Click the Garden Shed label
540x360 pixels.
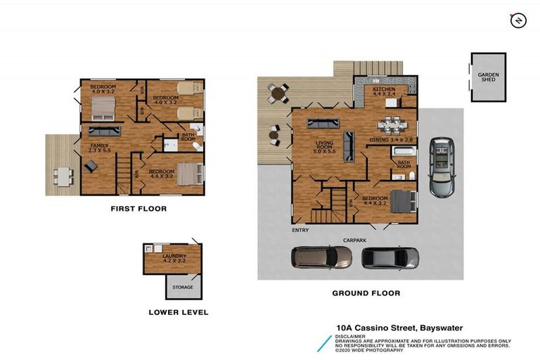pyautogui.click(x=488, y=77)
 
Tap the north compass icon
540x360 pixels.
pyautogui.click(x=517, y=20)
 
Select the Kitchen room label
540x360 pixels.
pyautogui.click(x=385, y=93)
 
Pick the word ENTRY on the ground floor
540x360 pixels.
pyautogui.click(x=300, y=230)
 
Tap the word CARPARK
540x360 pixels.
pyautogui.click(x=355, y=240)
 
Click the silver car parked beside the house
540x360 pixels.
pyautogui.click(x=442, y=167)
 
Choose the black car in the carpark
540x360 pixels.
pyautogui.click(x=390, y=258)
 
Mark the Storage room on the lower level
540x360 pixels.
pyautogui.click(x=183, y=286)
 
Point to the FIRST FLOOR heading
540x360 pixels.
pyautogui.click(x=139, y=209)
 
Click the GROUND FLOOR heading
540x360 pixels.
pyautogui.click(x=367, y=293)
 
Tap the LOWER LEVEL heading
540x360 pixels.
pyautogui.click(x=179, y=312)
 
